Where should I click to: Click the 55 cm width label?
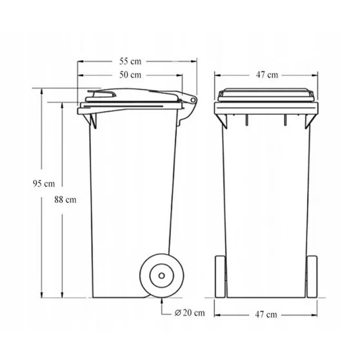(x=130, y=61)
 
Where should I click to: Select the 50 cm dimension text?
(x=130, y=75)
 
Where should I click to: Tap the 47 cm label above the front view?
(x=266, y=75)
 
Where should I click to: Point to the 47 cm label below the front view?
(x=266, y=314)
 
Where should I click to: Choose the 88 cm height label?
(x=65, y=199)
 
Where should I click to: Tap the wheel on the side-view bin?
(x=158, y=276)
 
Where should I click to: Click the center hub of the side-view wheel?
(x=158, y=276)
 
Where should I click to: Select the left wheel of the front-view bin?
(x=220, y=276)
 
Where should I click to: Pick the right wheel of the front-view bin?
(x=312, y=276)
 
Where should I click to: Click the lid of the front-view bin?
(x=266, y=96)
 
